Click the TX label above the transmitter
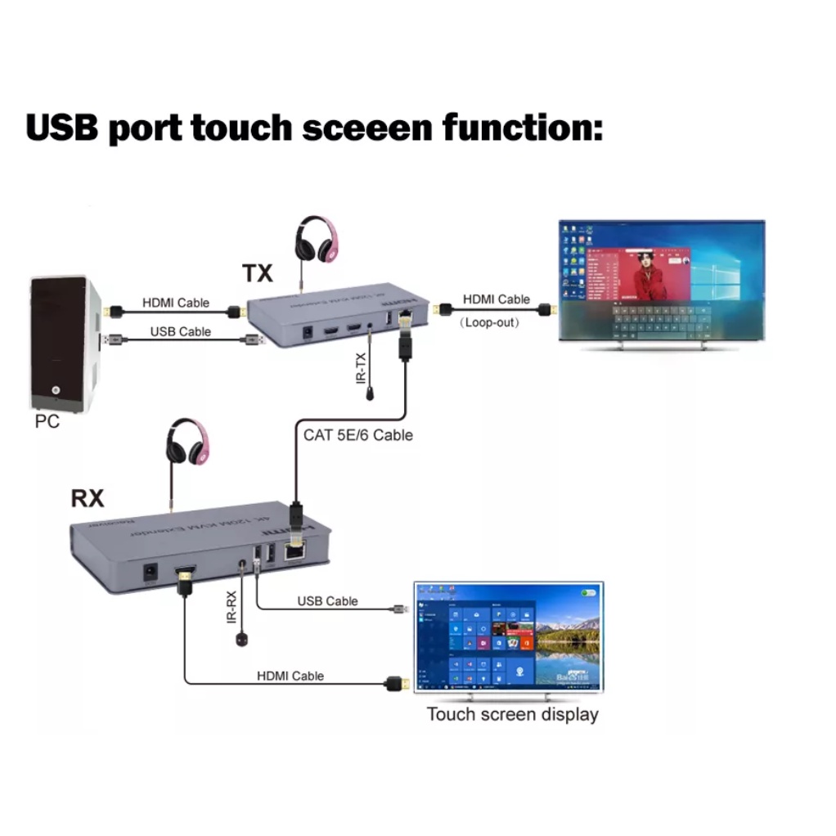click(x=257, y=272)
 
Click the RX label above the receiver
click(x=88, y=497)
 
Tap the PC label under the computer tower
click(x=47, y=422)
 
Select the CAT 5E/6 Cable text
click(x=357, y=435)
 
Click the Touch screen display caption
click(x=512, y=714)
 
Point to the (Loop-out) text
click(x=490, y=322)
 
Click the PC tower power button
click(x=56, y=392)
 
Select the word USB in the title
click(x=61, y=128)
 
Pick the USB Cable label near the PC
click(x=180, y=331)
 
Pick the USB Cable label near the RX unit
click(x=327, y=601)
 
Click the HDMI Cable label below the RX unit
click(x=290, y=676)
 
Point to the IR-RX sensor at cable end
click(x=241, y=639)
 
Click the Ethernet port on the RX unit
click(x=296, y=553)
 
